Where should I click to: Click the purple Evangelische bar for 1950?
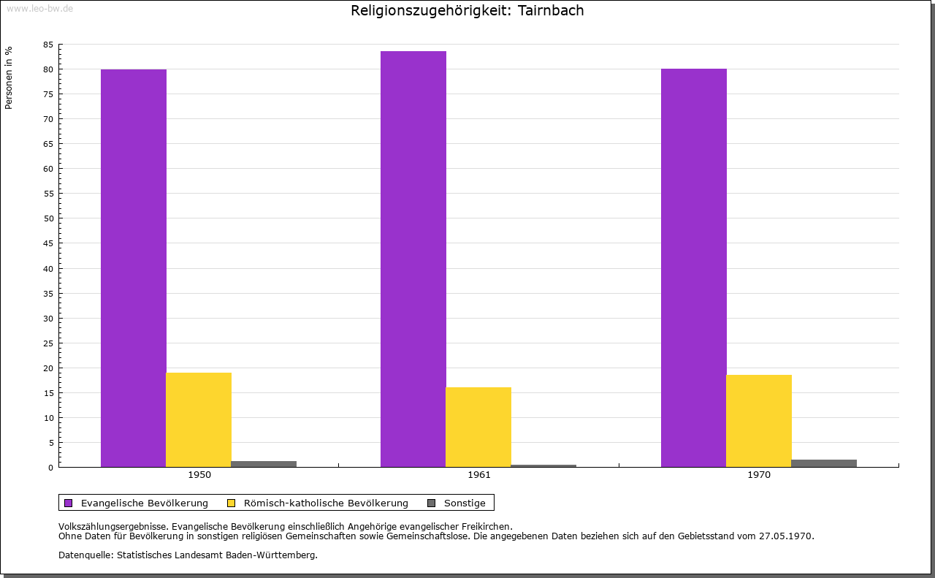click(134, 268)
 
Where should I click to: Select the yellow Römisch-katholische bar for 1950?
click(199, 419)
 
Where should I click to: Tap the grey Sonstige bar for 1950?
click(264, 463)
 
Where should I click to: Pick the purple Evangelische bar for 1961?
click(413, 259)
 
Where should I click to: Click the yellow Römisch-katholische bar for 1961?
click(478, 427)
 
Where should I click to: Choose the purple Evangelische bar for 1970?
click(694, 267)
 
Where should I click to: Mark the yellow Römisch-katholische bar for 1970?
click(759, 421)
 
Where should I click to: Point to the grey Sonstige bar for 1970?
click(824, 463)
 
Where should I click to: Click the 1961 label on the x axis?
click(479, 475)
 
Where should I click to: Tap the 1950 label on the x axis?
click(199, 475)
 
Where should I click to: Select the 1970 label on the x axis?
click(759, 475)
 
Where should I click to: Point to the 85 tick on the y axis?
click(48, 45)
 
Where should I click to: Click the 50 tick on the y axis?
click(48, 218)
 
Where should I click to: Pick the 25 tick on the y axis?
click(48, 343)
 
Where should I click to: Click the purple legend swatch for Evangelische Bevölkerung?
click(69, 503)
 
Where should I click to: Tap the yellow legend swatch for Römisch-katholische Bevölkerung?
click(232, 503)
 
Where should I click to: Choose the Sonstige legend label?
click(465, 503)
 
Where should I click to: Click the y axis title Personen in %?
click(9, 77)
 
